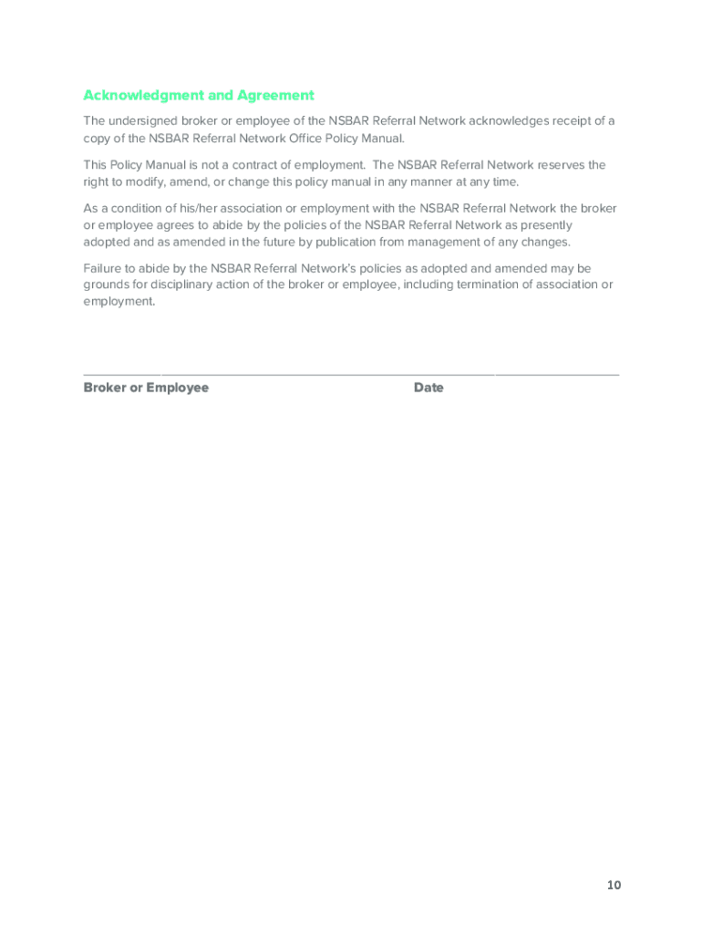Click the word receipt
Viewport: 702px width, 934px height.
click(569, 121)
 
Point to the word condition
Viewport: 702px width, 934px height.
click(127, 209)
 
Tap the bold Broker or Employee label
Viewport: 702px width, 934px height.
click(146, 389)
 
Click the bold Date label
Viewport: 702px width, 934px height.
click(428, 389)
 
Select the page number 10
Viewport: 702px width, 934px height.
click(614, 886)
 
